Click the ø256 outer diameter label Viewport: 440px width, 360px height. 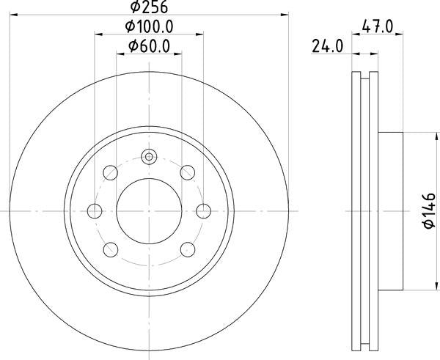click(x=150, y=7)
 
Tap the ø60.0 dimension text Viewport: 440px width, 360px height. click(x=150, y=46)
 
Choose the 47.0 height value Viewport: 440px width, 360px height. click(x=378, y=27)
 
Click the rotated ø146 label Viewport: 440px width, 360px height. click(x=428, y=210)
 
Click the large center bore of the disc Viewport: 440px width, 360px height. click(x=149, y=210)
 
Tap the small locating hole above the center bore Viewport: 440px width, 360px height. click(x=149, y=156)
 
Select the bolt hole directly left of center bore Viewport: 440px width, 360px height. click(x=94, y=210)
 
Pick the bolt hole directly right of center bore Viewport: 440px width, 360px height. click(x=205, y=210)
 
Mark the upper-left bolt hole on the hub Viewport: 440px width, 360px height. click(x=111, y=172)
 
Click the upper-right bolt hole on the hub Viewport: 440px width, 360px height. click(x=188, y=172)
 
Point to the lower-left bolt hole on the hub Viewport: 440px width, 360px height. click(x=111, y=249)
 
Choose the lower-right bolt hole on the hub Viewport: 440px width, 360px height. click(x=188, y=249)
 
